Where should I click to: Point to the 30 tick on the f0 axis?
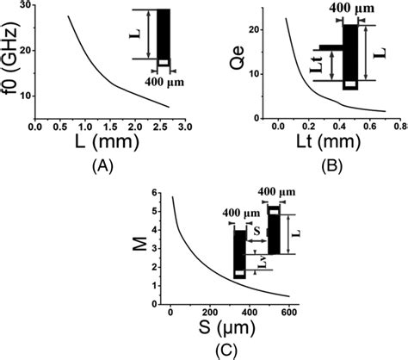pos(24,7)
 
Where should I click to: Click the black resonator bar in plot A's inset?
pos(163,34)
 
